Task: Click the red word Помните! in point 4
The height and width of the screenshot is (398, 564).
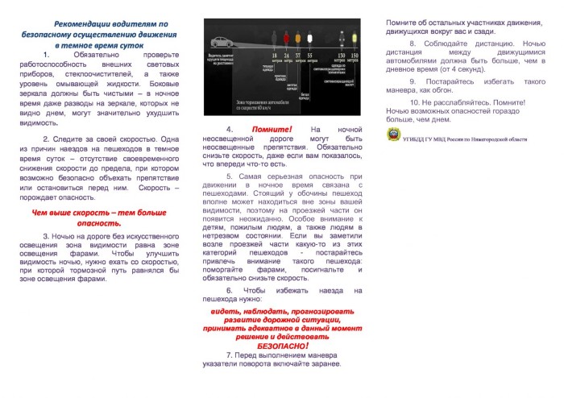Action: coord(271,129)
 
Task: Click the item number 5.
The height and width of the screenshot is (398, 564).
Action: coord(229,176)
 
